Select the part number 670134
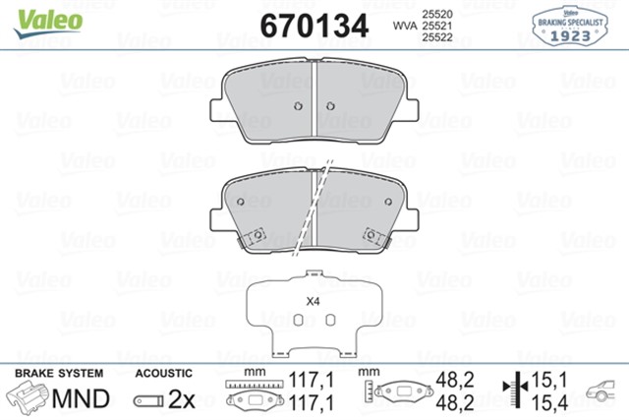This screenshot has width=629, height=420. [314, 25]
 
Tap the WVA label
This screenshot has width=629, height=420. [402, 26]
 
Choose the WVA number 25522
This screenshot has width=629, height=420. [436, 38]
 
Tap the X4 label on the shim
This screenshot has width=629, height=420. [314, 302]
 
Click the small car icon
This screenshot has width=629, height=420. [603, 390]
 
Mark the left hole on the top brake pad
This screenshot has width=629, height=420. [294, 107]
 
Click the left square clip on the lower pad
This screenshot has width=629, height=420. [257, 235]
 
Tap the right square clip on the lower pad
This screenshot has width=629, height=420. [372, 235]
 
